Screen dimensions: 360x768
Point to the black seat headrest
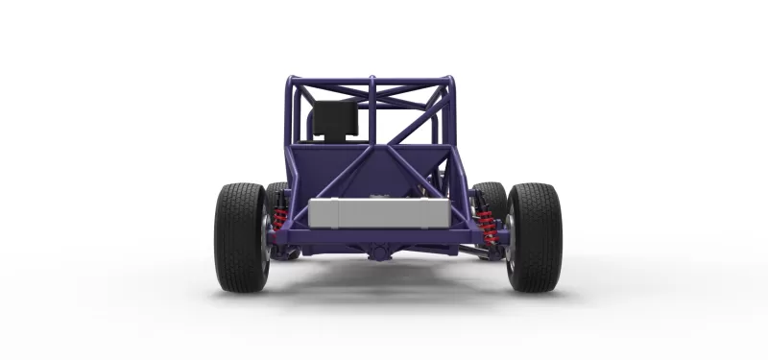[334, 119]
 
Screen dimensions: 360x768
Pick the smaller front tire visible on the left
[276, 197]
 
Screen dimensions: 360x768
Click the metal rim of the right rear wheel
[509, 240]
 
